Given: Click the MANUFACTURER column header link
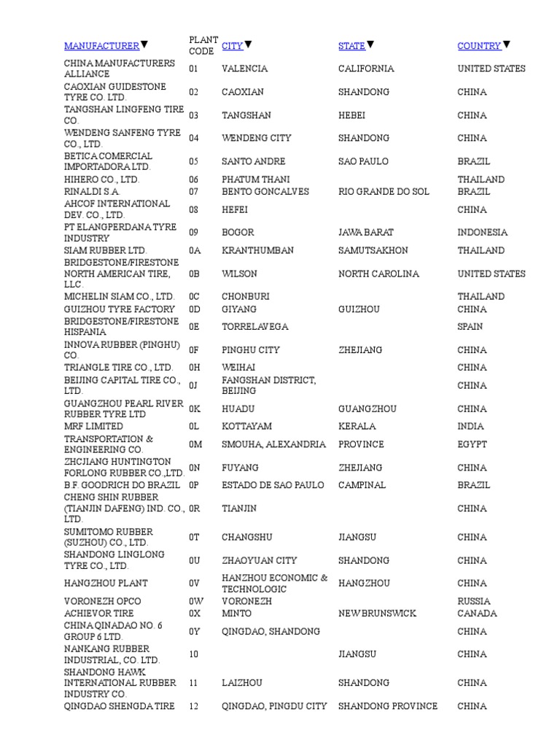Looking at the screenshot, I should coord(101,46).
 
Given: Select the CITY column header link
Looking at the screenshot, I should coord(232,46).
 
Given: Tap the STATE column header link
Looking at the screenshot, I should coord(351,46).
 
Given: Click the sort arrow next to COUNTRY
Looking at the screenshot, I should coord(507,45).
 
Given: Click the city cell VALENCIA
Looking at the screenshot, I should coord(244,69).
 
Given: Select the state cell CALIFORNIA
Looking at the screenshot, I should coord(366,69).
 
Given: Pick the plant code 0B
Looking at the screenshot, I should coord(195,274).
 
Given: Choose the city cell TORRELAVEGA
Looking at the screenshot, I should coord(254,327).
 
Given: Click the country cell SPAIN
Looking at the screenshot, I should coord(470,327).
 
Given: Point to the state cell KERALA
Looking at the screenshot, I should coord(357,426).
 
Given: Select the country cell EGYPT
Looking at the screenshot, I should coord(472,444).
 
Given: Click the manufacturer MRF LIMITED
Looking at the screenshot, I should coord(93,426).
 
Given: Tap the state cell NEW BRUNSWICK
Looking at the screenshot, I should coord(377,614).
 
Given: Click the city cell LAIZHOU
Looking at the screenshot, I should coord(243,683).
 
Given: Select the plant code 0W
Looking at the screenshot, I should coord(196,601).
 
